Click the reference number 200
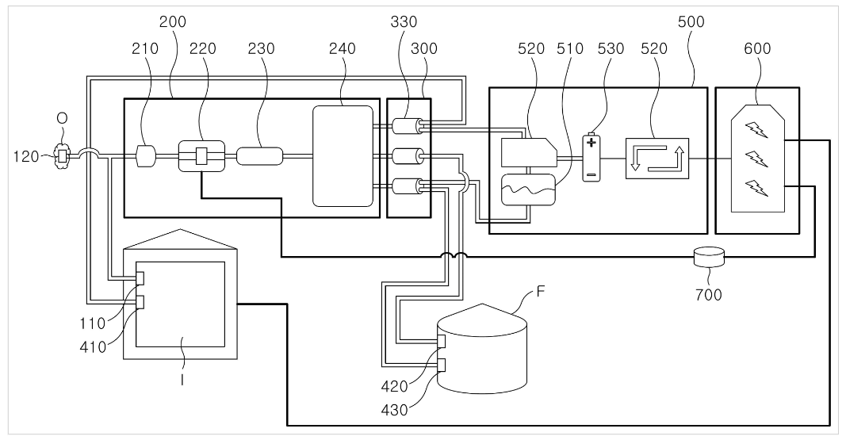coord(173,21)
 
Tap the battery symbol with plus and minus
coord(591,158)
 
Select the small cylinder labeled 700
coord(708,257)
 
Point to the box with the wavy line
coord(527,191)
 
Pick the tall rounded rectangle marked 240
coord(343,156)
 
